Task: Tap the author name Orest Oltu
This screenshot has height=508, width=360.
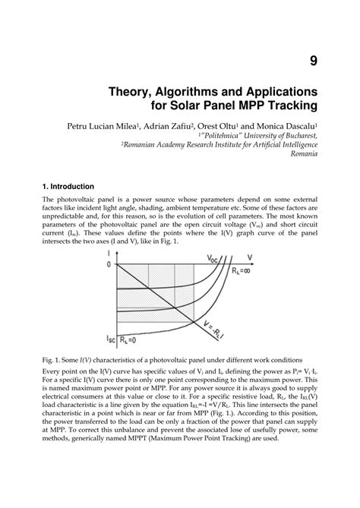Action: pos(241,123)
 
